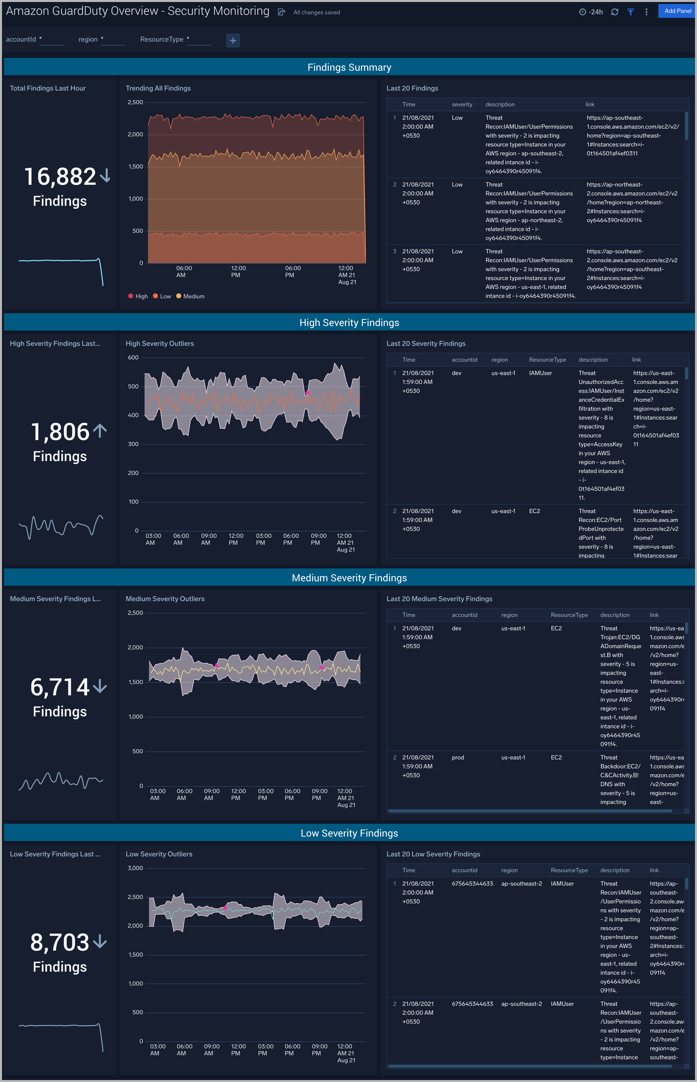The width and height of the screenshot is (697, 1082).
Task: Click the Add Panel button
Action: tap(677, 11)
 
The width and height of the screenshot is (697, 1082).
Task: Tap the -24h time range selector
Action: tap(591, 12)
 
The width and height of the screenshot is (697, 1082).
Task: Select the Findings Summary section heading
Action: tap(349, 67)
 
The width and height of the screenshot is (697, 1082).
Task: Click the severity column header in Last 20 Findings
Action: tap(462, 104)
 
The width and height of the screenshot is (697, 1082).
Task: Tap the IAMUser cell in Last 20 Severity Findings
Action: tap(540, 373)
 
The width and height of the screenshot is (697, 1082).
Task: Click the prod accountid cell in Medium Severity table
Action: tap(458, 757)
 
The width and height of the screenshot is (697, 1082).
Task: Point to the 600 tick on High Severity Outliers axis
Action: tap(133, 357)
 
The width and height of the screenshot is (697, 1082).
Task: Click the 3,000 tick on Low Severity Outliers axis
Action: tap(135, 868)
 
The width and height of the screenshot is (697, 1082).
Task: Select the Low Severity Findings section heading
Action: tap(349, 833)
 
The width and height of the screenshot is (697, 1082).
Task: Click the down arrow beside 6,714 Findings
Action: tap(100, 687)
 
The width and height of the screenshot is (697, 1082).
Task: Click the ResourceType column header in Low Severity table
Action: tap(569, 870)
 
